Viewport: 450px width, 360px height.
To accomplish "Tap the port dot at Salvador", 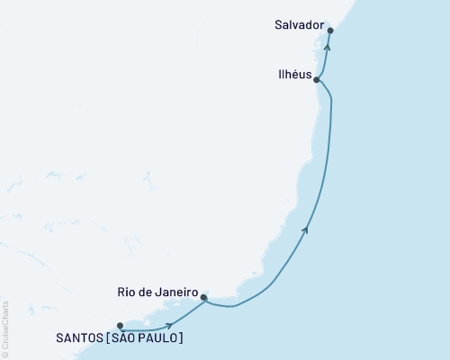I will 331,31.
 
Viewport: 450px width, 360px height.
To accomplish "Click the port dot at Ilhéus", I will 317,79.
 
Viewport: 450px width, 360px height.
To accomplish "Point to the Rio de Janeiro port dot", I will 204,296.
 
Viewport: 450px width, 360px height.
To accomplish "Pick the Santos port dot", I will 120,326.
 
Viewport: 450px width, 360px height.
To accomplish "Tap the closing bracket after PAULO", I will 184,338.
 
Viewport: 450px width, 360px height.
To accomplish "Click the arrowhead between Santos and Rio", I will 169,325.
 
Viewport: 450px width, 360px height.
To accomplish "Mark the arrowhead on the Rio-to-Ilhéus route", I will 308,229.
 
